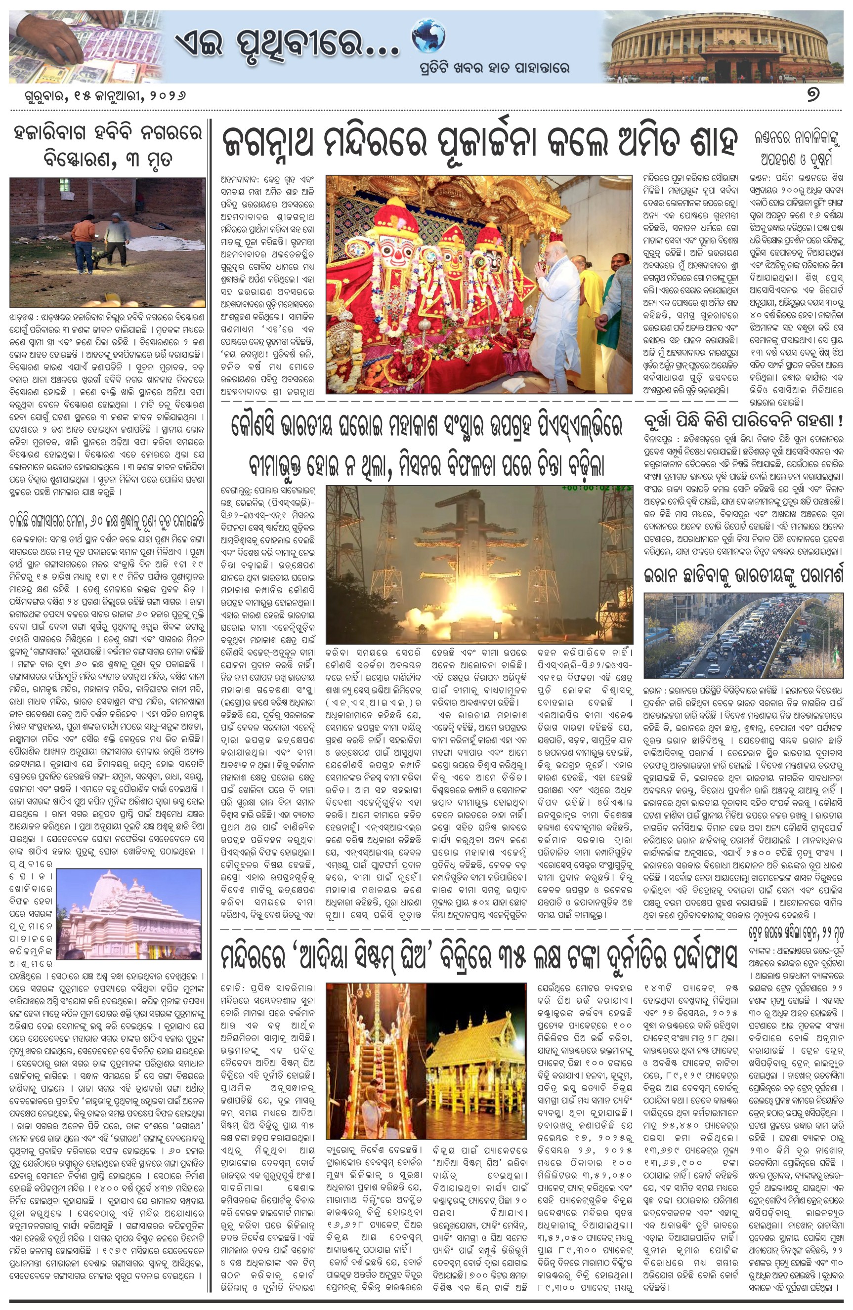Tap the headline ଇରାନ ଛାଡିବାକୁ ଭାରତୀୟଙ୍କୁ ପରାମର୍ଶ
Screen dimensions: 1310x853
click(x=743, y=576)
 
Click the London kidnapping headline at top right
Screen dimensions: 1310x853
click(x=797, y=148)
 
